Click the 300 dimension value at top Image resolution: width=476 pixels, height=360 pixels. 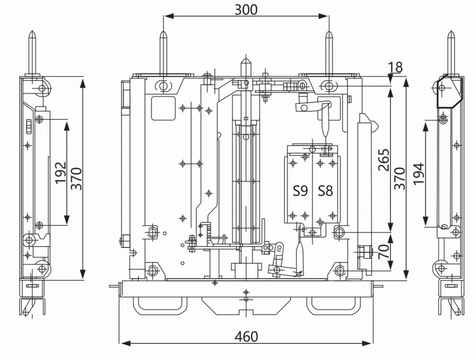(246, 10)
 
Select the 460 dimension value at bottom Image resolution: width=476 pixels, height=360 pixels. (246, 337)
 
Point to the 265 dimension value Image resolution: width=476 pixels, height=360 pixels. (383, 160)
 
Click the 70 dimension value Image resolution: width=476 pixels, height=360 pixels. (384, 251)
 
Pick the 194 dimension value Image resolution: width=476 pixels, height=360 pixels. (419, 173)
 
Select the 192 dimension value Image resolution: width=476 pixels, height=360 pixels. (60, 173)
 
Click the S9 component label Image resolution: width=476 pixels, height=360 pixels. (300, 191)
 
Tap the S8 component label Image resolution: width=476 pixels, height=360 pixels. (325, 191)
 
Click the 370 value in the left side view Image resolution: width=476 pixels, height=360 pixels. (76, 179)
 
